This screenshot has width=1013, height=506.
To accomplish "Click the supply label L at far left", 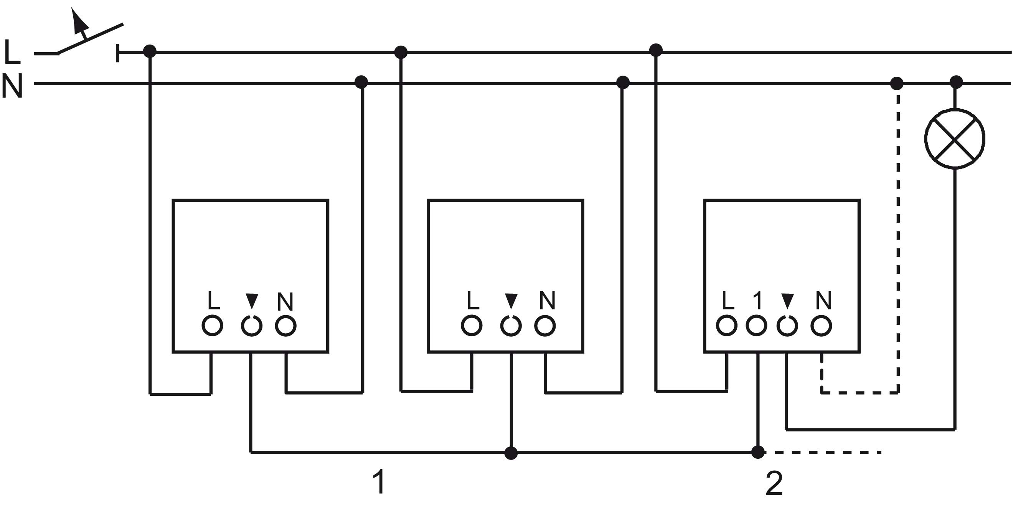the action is pos(12,51).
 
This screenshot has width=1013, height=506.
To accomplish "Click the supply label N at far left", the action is pos(12,86).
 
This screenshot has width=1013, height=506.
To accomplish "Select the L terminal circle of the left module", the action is pos(212,326).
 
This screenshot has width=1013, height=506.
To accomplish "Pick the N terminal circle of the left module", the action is pos(285,326).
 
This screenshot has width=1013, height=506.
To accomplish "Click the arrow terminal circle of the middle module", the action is pos(511,326).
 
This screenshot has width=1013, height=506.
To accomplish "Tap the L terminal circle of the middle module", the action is pos(472,326).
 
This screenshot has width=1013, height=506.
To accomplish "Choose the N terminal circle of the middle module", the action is pos(544,326).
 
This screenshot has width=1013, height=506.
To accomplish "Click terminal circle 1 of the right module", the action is pos(756,326).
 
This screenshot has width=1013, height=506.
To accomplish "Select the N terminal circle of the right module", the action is pos(821,326).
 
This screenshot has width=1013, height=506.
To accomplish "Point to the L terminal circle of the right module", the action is pos(726,326).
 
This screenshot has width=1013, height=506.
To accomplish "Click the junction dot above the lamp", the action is pos(956,83).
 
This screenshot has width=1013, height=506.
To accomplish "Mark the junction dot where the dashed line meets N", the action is pos(897,83).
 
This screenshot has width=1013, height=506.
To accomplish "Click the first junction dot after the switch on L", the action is pos(149,51).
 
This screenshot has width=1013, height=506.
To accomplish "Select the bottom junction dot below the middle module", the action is pos(511,453).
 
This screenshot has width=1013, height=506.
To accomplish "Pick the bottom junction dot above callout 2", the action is pos(758,452).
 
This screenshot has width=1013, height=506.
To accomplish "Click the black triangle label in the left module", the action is pos(252,301).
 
